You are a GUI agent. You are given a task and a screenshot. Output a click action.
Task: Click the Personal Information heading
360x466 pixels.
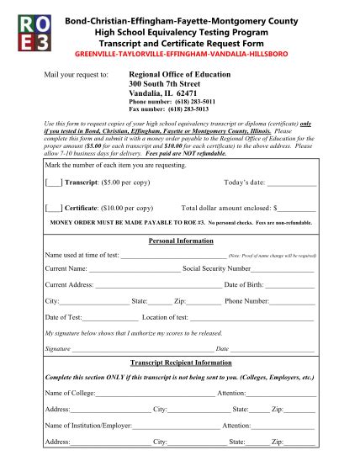coord(180,240)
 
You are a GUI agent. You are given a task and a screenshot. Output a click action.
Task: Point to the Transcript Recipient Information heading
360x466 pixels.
coord(180,363)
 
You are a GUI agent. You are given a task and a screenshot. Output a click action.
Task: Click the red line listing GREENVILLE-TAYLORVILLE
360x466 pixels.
coord(180,53)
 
